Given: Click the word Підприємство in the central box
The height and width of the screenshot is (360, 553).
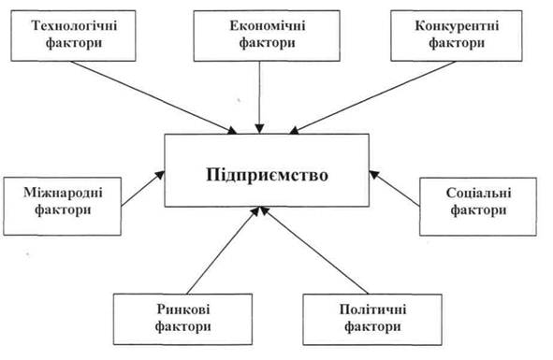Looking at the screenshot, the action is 267,175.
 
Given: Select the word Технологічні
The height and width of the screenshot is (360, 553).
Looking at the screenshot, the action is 74,26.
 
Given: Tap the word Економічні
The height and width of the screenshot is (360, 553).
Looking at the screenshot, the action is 267,26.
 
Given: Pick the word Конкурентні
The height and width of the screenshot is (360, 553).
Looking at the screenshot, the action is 457,26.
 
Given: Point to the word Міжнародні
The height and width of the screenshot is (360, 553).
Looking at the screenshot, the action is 63,193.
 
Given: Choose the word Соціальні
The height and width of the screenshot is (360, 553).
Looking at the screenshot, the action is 478,194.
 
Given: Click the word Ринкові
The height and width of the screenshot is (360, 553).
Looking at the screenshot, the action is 183,310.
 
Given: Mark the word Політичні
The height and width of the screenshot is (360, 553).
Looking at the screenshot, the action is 372,310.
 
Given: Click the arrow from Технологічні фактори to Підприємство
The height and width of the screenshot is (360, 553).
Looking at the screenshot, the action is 153,97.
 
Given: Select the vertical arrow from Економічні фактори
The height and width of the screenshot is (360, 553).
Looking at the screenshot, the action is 260,97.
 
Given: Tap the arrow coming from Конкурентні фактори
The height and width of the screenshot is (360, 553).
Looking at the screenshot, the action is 372,97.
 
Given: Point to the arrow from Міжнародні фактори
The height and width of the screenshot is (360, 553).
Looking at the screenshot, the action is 143,188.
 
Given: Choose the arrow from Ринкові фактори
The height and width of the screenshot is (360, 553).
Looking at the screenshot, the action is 223,251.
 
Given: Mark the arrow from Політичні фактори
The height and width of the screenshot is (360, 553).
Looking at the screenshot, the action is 314,251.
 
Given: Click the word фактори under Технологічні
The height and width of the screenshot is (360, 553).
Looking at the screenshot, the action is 74,43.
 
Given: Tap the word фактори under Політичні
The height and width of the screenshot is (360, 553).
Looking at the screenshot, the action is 372,326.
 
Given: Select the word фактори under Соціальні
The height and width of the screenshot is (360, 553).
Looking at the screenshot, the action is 478,210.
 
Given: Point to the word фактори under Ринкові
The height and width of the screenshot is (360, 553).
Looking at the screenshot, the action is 183,326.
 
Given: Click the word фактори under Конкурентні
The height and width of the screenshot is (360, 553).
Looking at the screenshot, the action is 457,43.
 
